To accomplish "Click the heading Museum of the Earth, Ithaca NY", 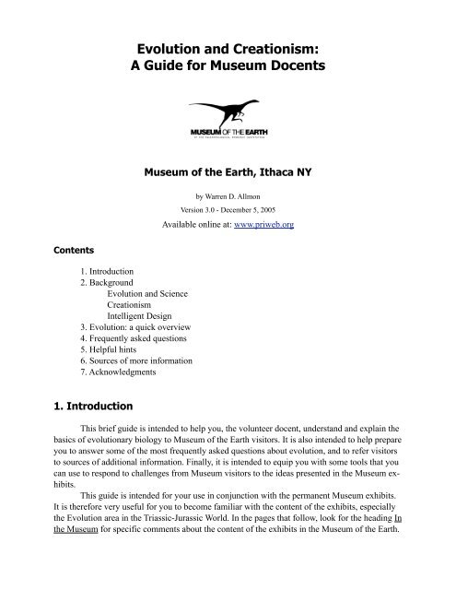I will pos(227,171).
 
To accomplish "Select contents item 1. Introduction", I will pos(110,273).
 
